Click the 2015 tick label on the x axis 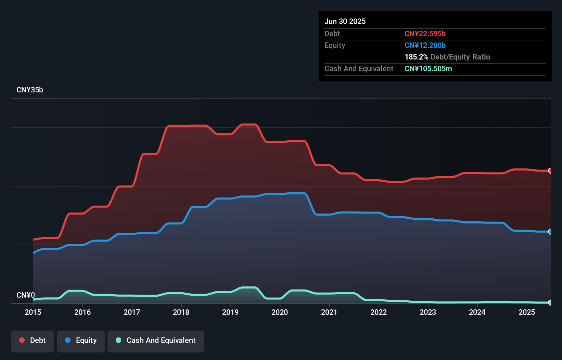[x=33, y=312]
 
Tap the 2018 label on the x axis [x=181, y=312]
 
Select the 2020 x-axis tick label [x=280, y=312]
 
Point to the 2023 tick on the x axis [x=428, y=312]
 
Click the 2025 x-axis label [x=527, y=312]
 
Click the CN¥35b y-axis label [x=30, y=90]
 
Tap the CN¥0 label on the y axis [x=26, y=295]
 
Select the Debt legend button [x=33, y=340]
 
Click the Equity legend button [x=81, y=340]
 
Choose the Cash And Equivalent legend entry [x=156, y=340]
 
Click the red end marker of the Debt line [x=550, y=170]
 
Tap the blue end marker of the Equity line [x=550, y=232]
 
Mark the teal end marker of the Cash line [x=550, y=303]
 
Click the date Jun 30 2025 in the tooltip [x=345, y=22]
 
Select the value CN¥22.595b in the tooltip [x=425, y=34]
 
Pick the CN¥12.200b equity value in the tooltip [x=425, y=46]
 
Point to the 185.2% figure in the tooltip [x=416, y=57]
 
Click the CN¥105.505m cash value [x=428, y=69]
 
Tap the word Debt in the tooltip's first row [x=332, y=34]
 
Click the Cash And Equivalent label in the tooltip [x=359, y=69]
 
